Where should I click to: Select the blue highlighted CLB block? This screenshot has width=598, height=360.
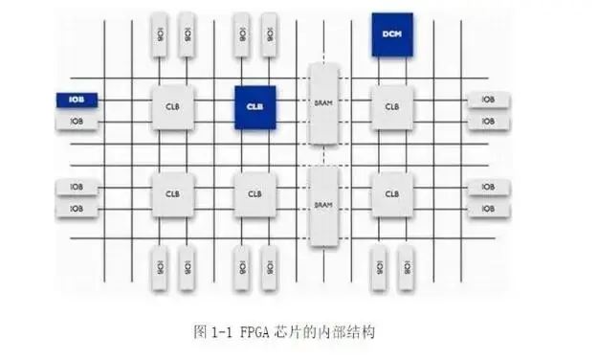coord(255,106)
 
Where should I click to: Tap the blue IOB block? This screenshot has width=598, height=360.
coord(76,99)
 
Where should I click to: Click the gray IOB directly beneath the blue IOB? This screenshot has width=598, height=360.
coord(76,122)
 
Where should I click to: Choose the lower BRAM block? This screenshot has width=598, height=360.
coord(322,204)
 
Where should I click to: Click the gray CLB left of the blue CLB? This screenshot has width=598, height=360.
coord(172,106)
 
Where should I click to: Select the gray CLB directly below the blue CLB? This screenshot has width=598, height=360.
coord(255,193)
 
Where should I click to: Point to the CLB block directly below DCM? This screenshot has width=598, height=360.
coord(391,106)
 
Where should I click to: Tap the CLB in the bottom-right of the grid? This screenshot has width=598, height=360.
coord(391,193)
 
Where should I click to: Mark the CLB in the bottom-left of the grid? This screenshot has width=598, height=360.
coord(172,193)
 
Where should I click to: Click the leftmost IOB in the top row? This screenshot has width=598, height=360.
coord(160,34)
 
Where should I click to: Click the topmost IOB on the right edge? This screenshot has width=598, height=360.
coord(487,99)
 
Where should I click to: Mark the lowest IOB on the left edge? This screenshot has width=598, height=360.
coord(76,208)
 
